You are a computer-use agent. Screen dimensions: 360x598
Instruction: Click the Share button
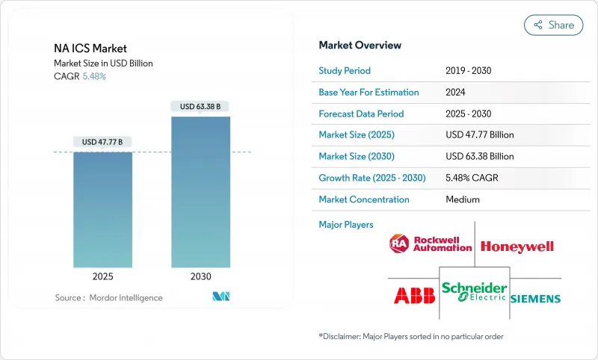(554, 25)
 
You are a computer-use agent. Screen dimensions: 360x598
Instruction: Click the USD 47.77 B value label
(102, 142)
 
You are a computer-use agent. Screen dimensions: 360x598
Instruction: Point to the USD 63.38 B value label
(200, 106)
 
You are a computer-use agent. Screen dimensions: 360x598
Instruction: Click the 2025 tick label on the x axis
(102, 276)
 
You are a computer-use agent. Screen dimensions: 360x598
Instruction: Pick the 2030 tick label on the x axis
(200, 276)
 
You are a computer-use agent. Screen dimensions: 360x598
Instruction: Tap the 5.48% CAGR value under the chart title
(93, 76)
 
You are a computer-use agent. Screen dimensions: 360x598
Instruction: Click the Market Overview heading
(360, 45)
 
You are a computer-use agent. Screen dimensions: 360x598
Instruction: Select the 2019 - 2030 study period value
(468, 70)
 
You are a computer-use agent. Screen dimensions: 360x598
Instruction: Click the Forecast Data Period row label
(361, 114)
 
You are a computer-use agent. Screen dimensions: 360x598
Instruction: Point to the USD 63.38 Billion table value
(479, 157)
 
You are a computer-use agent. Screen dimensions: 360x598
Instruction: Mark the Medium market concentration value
(462, 199)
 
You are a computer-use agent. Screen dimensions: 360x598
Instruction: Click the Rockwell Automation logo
(431, 243)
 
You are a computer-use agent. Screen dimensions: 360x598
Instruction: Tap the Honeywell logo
(517, 246)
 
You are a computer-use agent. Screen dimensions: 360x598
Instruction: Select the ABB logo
(414, 296)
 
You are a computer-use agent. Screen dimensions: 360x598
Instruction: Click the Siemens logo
(535, 299)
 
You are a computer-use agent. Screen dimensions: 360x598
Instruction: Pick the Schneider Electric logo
(474, 291)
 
